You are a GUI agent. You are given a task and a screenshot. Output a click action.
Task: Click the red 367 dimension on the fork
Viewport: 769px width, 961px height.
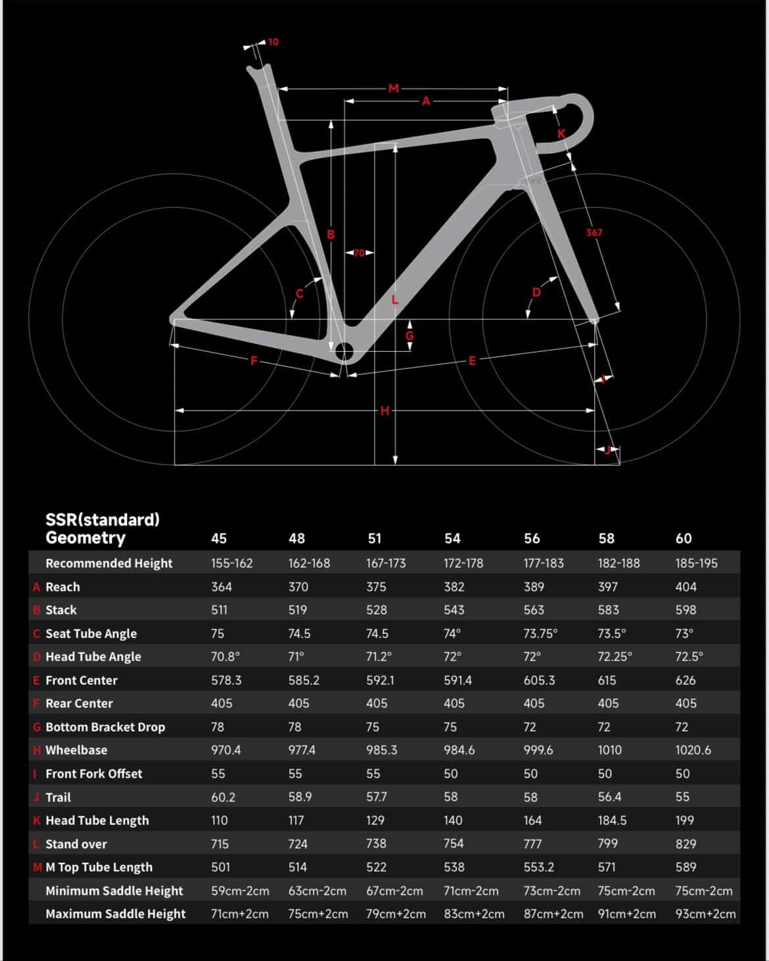(x=594, y=232)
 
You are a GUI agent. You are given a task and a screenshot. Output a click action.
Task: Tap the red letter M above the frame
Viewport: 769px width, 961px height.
(x=394, y=88)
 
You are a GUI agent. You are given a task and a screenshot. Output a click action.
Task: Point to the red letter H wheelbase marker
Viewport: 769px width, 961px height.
(x=385, y=410)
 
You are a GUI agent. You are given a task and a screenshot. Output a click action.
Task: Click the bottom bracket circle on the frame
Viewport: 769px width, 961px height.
(x=344, y=351)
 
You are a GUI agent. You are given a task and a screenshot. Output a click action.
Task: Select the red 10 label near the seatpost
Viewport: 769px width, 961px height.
(x=273, y=42)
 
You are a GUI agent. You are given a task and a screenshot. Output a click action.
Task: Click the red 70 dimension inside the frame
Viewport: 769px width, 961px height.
(x=359, y=253)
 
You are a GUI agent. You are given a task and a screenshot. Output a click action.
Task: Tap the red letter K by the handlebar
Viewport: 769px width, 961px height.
(x=561, y=134)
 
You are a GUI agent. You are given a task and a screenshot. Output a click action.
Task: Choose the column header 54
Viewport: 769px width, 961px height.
(x=452, y=539)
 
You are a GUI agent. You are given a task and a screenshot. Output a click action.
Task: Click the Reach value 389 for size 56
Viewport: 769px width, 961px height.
(x=534, y=587)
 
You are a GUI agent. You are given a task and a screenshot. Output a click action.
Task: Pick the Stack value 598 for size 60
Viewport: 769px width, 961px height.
(x=686, y=610)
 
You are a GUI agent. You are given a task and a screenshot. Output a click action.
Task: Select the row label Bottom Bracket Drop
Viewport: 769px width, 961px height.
(x=105, y=727)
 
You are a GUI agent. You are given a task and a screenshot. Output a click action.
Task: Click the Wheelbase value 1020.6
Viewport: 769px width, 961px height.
(x=693, y=750)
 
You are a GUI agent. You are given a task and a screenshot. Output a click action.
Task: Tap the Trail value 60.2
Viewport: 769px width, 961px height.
(x=223, y=797)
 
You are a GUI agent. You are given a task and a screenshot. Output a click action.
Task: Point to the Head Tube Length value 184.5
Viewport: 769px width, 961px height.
(x=612, y=820)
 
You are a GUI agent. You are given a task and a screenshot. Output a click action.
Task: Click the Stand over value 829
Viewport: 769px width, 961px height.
(x=686, y=844)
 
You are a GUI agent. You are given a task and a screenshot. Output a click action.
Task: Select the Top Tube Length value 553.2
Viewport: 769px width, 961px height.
(x=538, y=867)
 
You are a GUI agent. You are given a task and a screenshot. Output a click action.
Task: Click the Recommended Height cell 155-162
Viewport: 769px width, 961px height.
(x=231, y=563)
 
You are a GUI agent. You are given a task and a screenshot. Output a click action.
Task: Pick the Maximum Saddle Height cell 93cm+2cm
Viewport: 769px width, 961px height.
(x=705, y=914)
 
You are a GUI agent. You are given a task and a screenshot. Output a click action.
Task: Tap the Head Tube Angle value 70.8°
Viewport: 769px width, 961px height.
(x=225, y=656)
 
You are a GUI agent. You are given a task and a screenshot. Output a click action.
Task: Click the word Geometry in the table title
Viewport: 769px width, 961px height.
(x=85, y=538)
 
